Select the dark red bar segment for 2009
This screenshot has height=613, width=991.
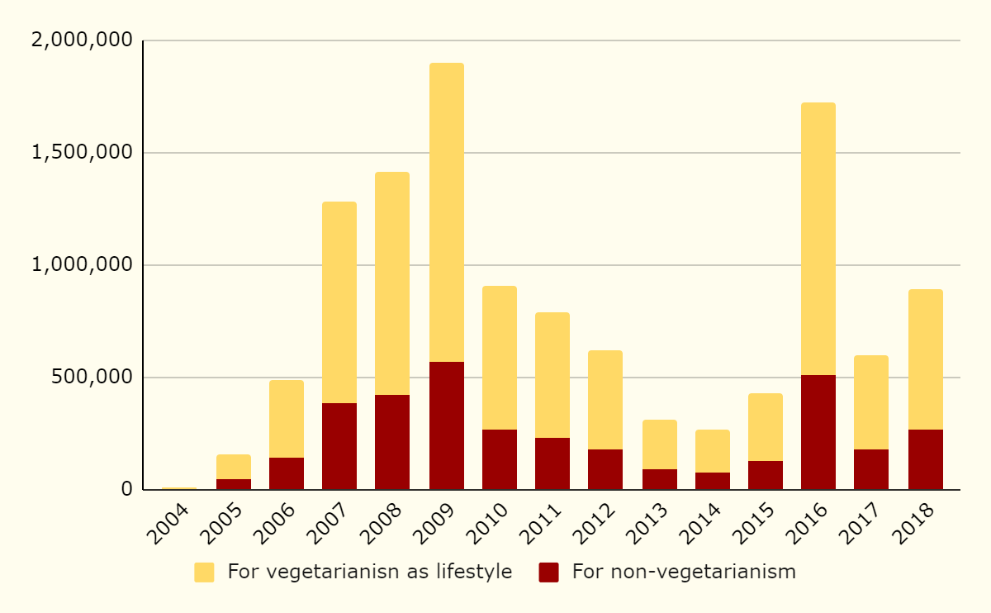(446, 425)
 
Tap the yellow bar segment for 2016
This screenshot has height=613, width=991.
(818, 239)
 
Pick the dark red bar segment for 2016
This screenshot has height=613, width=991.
(818, 432)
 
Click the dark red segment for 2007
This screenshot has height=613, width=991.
(339, 446)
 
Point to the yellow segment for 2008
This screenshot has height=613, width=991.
(392, 283)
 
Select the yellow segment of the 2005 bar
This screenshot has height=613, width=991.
(234, 467)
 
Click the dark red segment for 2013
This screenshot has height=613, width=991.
(660, 479)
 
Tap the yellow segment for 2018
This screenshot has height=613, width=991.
(925, 359)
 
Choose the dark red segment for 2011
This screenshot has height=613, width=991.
(552, 463)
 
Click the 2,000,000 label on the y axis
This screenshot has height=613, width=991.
(81, 40)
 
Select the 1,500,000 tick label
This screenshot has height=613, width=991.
(81, 153)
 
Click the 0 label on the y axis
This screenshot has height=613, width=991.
(126, 489)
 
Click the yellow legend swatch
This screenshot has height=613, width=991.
(204, 573)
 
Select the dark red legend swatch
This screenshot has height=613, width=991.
(548, 573)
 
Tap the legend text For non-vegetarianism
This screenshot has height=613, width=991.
(684, 572)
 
